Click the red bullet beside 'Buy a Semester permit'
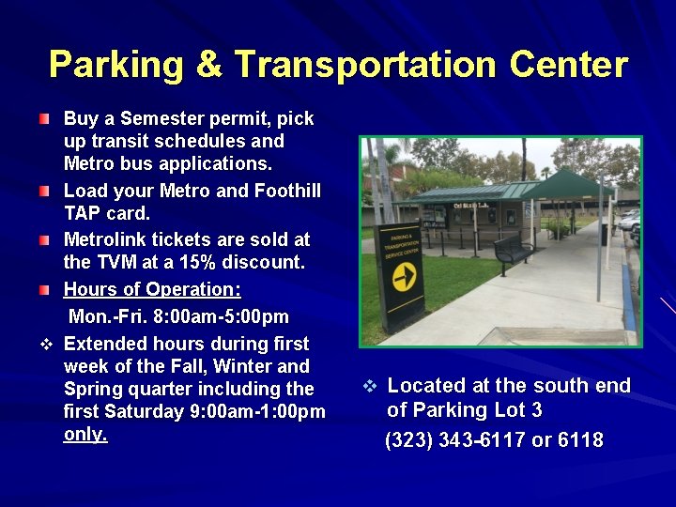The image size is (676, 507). (46, 119)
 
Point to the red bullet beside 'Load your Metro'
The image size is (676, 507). (46, 192)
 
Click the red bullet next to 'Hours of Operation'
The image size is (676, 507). (46, 291)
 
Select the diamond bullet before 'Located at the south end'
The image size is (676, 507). (370, 386)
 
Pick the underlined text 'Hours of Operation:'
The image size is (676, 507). (152, 289)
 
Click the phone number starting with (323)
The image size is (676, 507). (494, 440)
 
